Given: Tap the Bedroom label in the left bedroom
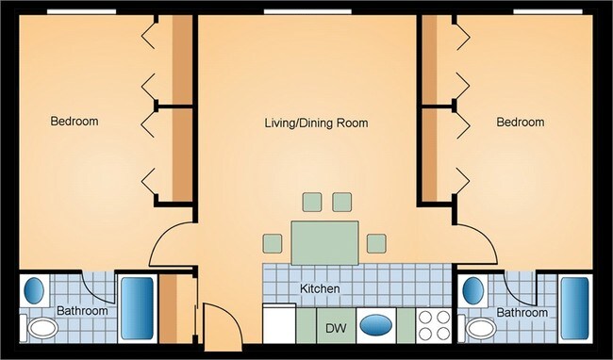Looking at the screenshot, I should (x=75, y=122).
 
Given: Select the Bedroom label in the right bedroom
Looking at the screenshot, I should (x=521, y=123).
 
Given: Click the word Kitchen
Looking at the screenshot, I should (x=320, y=288).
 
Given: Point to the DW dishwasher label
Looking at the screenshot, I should (x=334, y=329).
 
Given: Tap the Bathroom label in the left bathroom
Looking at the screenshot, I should (x=82, y=311).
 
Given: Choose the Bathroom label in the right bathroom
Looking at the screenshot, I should (x=522, y=312).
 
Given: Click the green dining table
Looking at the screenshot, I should (x=325, y=242).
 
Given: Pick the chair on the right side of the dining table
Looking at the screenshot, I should (x=376, y=243).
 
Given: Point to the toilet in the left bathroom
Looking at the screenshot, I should (x=41, y=329).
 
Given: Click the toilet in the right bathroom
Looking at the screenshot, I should (x=481, y=329).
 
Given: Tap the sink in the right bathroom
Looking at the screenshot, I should (x=475, y=287).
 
